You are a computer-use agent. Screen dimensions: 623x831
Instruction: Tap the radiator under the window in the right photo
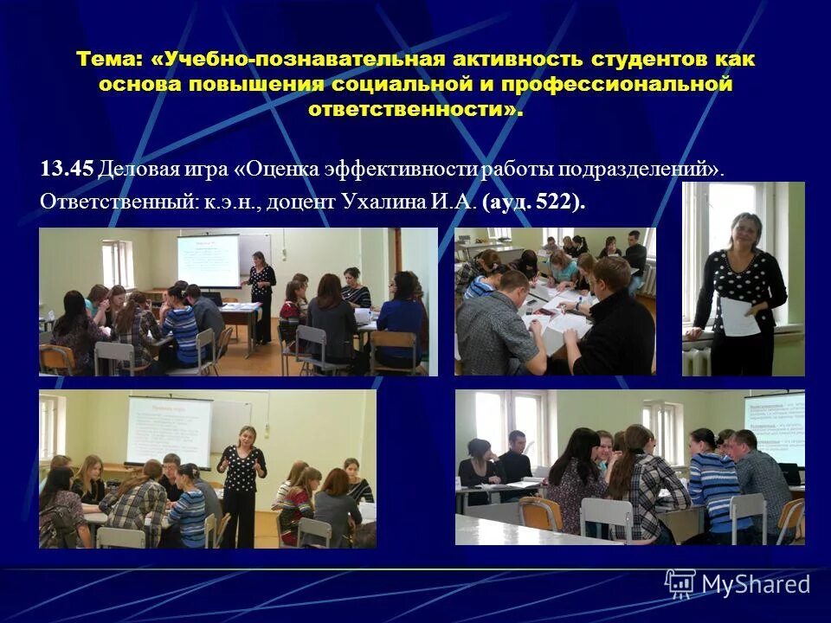697,356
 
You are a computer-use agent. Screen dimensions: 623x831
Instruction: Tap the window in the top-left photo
117,264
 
